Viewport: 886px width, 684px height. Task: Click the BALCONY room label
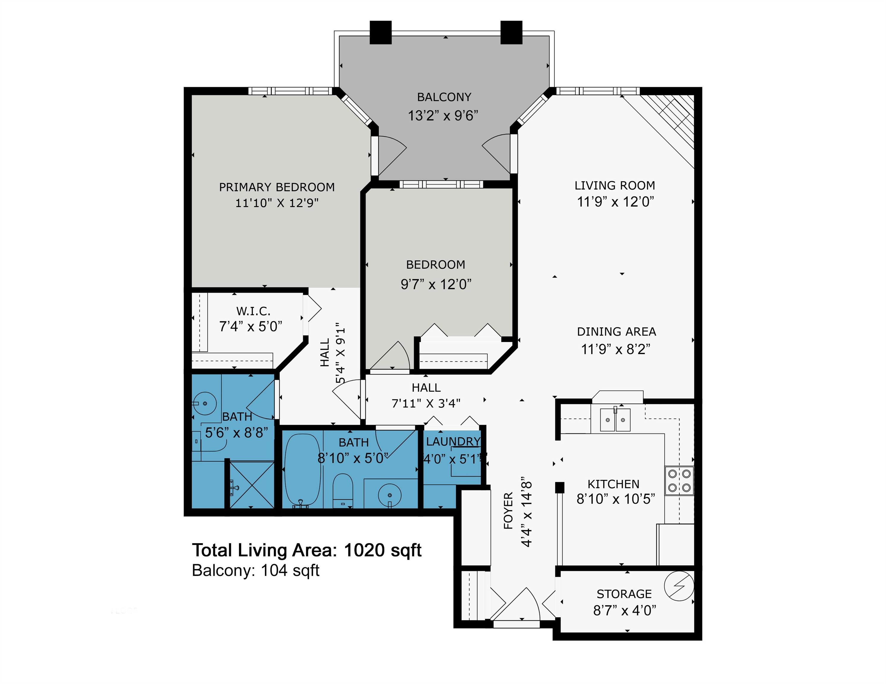pyautogui.click(x=444, y=97)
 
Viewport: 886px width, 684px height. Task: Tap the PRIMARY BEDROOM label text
pyautogui.click(x=277, y=187)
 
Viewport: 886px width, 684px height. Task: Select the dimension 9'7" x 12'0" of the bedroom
pyautogui.click(x=436, y=284)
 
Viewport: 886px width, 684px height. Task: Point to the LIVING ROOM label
pyautogui.click(x=615, y=186)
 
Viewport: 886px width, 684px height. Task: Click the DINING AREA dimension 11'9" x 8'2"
pyautogui.click(x=616, y=349)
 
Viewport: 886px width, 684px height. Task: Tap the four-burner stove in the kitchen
pyautogui.click(x=679, y=481)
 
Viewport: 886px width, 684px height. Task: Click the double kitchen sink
pyautogui.click(x=616, y=420)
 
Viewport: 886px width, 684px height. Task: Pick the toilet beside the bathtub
pyautogui.click(x=343, y=490)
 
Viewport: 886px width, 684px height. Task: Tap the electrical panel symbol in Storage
pyautogui.click(x=679, y=586)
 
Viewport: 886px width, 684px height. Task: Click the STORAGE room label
pyautogui.click(x=624, y=594)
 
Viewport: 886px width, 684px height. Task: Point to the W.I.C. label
pyautogui.click(x=253, y=311)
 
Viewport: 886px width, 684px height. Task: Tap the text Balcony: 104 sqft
pyautogui.click(x=256, y=571)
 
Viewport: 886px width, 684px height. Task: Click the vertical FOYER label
pyautogui.click(x=508, y=511)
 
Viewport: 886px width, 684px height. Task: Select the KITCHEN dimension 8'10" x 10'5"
pyautogui.click(x=616, y=499)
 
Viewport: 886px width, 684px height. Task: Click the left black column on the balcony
pyautogui.click(x=380, y=32)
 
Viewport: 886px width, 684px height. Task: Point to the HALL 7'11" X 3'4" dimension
pyautogui.click(x=426, y=403)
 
